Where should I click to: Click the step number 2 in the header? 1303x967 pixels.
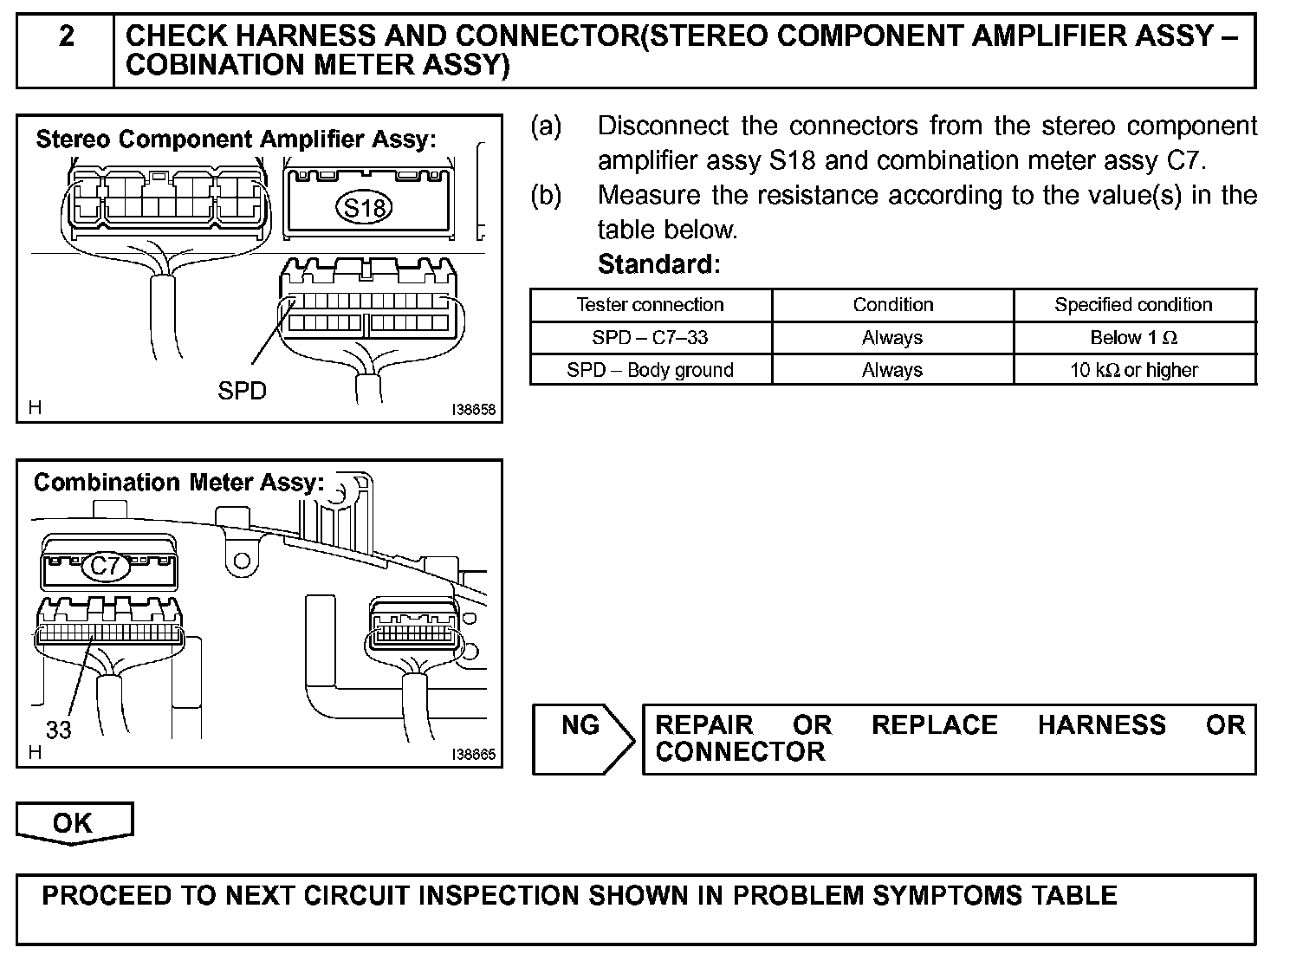[67, 36]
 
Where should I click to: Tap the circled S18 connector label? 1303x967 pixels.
[365, 208]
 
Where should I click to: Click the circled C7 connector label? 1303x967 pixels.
[105, 567]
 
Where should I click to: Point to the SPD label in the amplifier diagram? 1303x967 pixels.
[242, 392]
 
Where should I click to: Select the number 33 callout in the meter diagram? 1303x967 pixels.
[58, 730]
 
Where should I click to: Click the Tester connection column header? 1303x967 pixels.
[650, 305]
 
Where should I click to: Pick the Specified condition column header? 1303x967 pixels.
[1133, 305]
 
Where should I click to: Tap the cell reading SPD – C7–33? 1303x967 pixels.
[650, 338]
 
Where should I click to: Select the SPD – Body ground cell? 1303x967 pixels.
[650, 371]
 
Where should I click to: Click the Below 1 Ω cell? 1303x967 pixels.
[1133, 338]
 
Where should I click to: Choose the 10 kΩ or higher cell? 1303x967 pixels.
[1133, 371]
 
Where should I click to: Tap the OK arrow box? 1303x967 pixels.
[74, 822]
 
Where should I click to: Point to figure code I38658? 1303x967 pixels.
[474, 410]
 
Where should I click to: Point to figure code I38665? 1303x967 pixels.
[474, 755]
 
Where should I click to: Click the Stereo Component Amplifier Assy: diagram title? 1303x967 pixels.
[236, 140]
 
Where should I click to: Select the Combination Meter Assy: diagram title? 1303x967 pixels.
[179, 483]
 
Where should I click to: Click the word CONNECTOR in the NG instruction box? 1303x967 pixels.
[740, 752]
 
